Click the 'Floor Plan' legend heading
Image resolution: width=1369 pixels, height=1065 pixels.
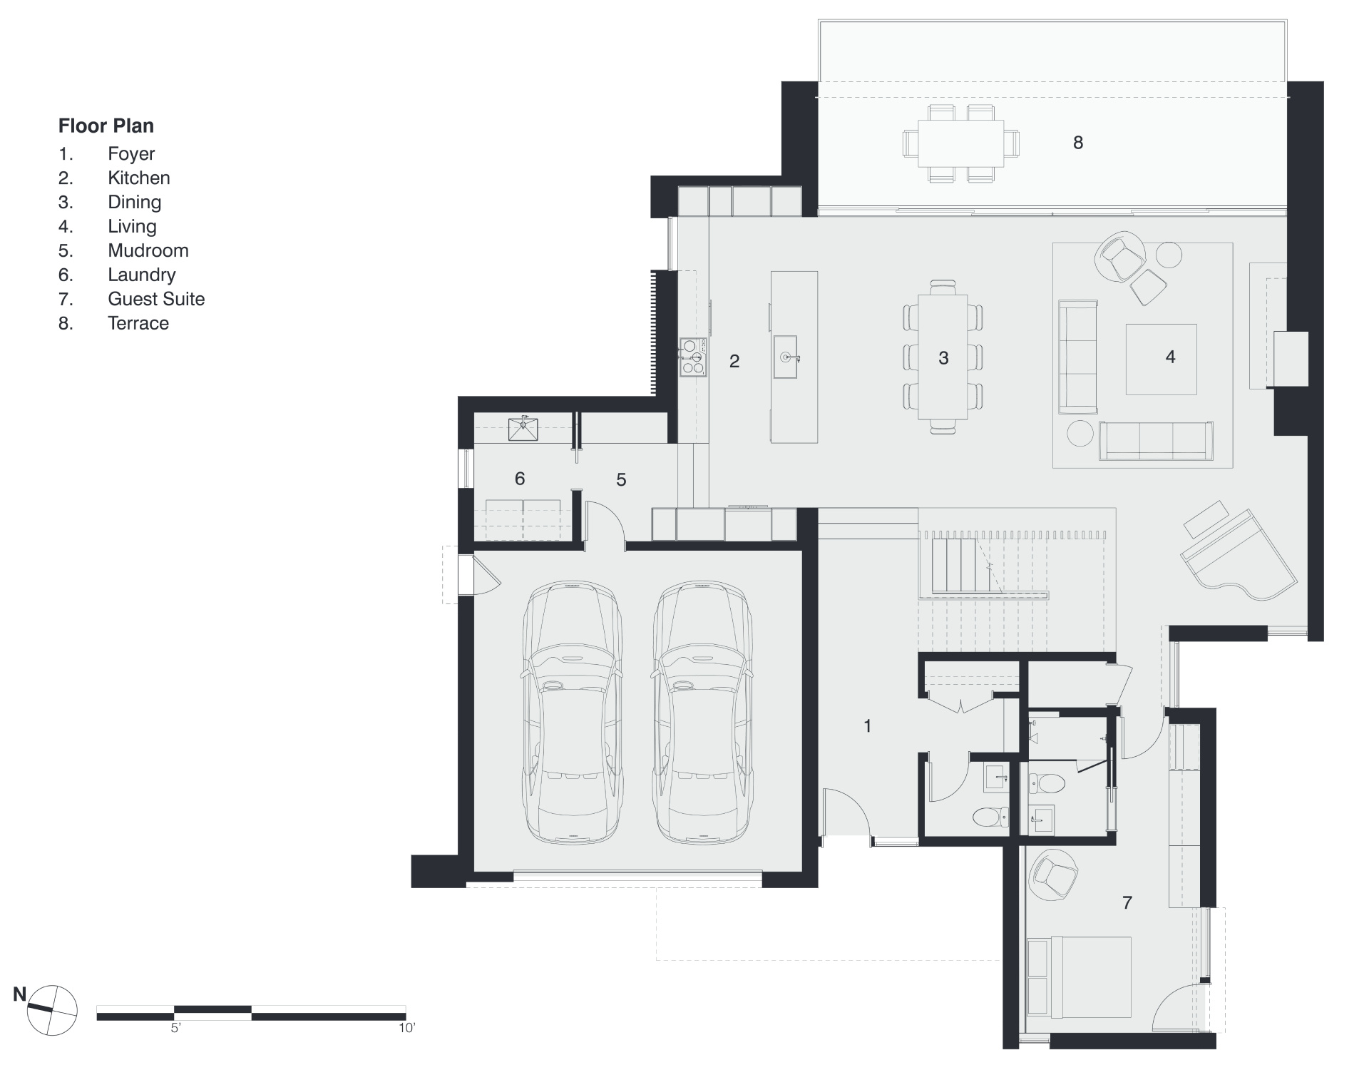106,126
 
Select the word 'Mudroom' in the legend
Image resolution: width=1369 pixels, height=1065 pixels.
148,250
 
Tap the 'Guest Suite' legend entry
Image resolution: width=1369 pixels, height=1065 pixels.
155,299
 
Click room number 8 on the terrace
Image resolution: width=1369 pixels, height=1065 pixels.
1077,143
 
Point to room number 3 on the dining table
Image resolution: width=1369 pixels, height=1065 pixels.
943,358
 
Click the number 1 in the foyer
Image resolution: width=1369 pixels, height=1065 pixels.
867,726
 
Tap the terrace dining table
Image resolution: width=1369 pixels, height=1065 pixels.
960,143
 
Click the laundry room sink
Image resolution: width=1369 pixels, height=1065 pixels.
523,429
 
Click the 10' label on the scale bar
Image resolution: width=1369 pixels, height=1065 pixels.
406,1029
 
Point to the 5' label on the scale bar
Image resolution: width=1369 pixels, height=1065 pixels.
175,1029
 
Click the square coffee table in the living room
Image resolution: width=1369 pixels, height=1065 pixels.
1161,359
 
